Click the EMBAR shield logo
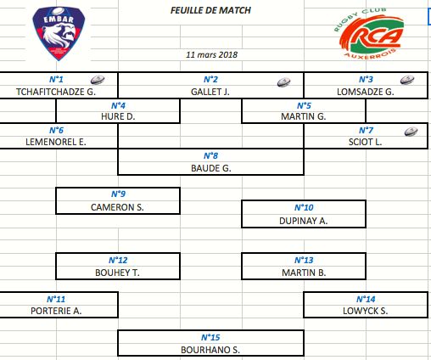pyautogui.click(x=59, y=33)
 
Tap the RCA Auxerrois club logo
pyautogui.click(x=369, y=33)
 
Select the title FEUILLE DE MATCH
pyautogui.click(x=210, y=10)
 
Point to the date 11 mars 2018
pyautogui.click(x=211, y=54)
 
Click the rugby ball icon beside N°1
pyautogui.click(x=98, y=80)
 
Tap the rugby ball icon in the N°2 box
pyautogui.click(x=283, y=82)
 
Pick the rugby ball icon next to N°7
pyautogui.click(x=411, y=132)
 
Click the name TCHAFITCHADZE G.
pyautogui.click(x=56, y=92)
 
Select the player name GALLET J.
pyautogui.click(x=210, y=92)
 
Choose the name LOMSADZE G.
pyautogui.click(x=366, y=92)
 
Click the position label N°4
pyautogui.click(x=118, y=105)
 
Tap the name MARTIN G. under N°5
pyautogui.click(x=304, y=116)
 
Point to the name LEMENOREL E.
pyautogui.click(x=56, y=142)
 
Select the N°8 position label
pyautogui.click(x=210, y=155)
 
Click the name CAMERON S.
pyautogui.click(x=117, y=207)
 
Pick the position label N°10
pyautogui.click(x=304, y=207)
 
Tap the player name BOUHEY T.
pyautogui.click(x=117, y=273)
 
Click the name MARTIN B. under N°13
pyautogui.click(x=304, y=273)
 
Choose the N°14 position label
pyautogui.click(x=366, y=299)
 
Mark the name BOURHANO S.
pyautogui.click(x=210, y=350)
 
